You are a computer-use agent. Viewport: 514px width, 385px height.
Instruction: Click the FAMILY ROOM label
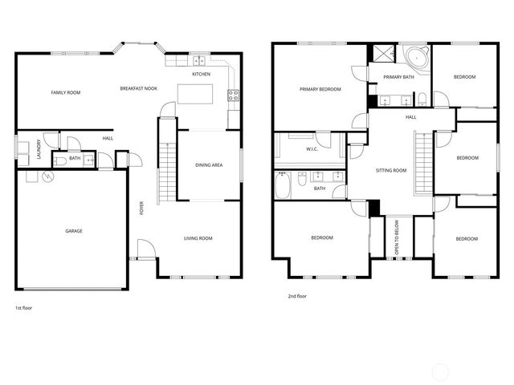point(66,93)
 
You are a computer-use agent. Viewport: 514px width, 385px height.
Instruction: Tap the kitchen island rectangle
point(195,93)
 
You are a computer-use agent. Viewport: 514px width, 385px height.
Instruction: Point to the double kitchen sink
point(198,61)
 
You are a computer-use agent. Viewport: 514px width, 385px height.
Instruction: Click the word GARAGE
point(74,231)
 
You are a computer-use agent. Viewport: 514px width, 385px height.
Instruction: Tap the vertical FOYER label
point(142,209)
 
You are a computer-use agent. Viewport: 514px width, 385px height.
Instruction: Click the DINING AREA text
point(210,165)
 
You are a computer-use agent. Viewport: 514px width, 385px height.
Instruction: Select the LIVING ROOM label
point(198,238)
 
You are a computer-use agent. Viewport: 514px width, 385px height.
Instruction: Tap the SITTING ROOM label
point(391,170)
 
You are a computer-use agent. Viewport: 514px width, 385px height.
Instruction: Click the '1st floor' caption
point(23,308)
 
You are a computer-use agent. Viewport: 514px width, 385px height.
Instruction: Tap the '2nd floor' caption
point(297,296)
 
